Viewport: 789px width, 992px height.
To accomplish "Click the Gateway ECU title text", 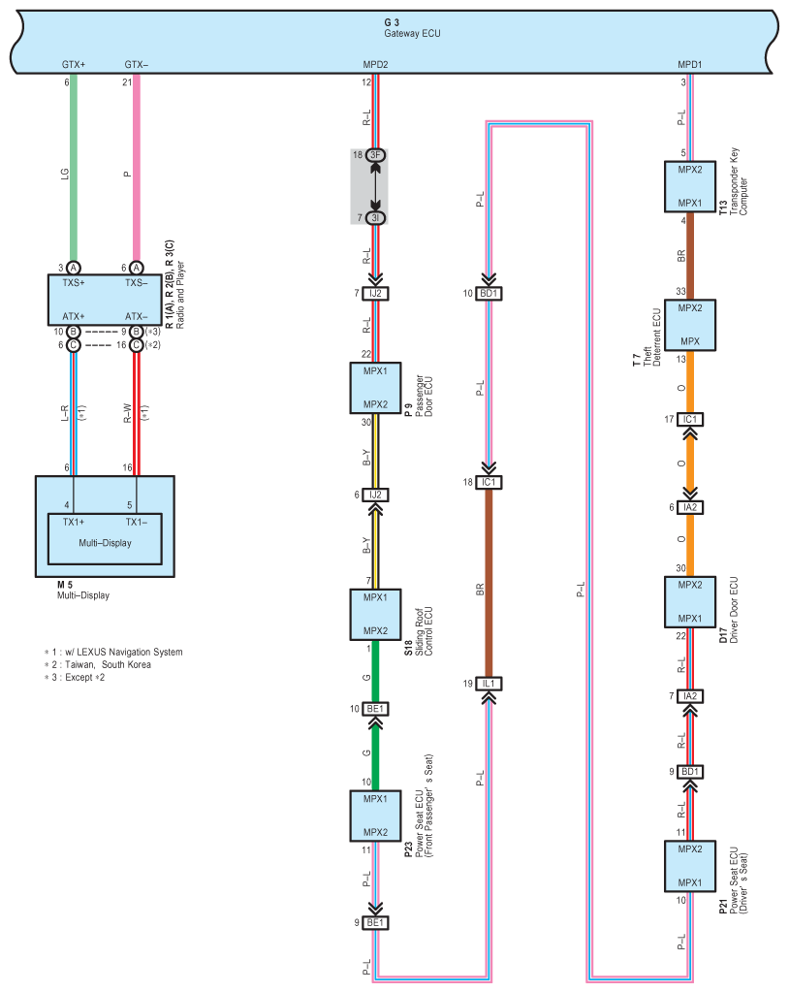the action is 412,34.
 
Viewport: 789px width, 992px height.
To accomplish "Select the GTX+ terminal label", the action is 74,65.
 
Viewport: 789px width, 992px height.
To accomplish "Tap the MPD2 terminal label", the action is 375,65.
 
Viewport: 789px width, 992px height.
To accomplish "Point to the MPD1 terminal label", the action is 690,65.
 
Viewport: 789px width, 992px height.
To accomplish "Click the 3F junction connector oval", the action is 375,155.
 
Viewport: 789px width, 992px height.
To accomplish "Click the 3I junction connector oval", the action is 375,217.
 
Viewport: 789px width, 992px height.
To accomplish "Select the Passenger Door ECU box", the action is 375,388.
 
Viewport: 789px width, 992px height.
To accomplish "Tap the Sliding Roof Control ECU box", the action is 375,615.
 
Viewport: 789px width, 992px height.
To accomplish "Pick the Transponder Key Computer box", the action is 690,186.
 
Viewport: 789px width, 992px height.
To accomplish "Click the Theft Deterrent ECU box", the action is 690,325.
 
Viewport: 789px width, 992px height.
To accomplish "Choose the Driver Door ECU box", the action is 690,601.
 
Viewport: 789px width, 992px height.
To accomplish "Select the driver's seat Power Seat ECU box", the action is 690,866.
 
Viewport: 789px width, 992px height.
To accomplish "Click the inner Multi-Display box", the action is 105,538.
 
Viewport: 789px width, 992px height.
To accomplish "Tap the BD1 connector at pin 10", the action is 489,294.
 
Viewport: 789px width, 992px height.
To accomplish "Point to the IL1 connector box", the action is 489,684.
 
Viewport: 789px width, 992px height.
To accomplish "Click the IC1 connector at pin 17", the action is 690,420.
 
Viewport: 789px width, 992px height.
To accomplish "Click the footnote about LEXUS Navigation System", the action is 113,653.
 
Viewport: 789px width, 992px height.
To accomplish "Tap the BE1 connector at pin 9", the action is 375,922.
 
